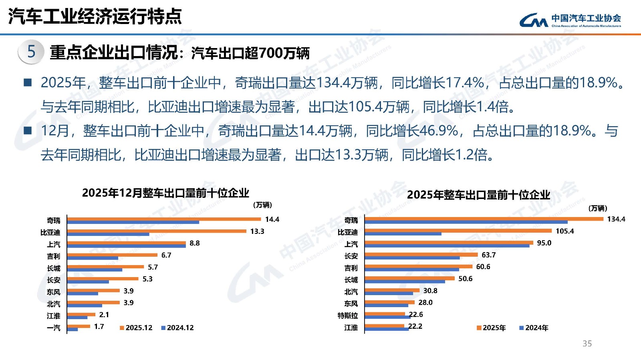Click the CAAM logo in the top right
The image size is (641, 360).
click(x=570, y=20)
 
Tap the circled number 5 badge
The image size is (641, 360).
click(x=31, y=52)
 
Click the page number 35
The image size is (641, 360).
click(x=587, y=344)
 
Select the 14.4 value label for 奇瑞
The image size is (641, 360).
click(x=272, y=219)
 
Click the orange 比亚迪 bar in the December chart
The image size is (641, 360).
click(x=157, y=231)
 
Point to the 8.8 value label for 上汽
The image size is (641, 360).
click(x=194, y=243)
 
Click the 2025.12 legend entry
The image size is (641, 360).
click(x=136, y=328)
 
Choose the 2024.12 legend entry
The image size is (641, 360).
click(x=177, y=328)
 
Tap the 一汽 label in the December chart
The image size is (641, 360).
click(x=53, y=328)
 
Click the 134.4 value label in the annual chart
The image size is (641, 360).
click(x=616, y=219)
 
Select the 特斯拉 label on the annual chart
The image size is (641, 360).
click(x=347, y=316)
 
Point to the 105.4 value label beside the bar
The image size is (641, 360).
click(x=564, y=231)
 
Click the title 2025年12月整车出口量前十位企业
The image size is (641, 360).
click(x=165, y=193)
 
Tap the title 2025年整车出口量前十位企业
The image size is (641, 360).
click(x=478, y=195)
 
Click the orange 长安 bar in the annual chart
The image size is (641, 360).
click(x=421, y=255)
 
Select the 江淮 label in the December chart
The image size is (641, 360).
click(x=53, y=316)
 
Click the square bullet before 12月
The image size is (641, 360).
click(x=28, y=131)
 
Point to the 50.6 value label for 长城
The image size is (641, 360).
click(x=465, y=279)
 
